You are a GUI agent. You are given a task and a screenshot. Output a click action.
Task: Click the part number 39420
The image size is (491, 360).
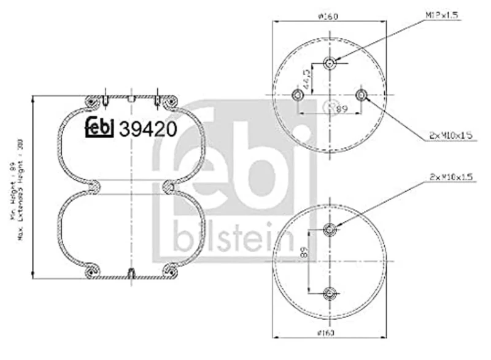pos(148,128)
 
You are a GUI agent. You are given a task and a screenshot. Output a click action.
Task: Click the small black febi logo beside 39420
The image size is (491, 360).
pos(99,127)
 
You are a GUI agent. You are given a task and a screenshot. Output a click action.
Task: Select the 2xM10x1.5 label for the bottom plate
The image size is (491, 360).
pos(450,178)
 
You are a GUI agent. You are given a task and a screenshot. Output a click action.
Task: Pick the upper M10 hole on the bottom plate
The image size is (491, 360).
pos(330,230)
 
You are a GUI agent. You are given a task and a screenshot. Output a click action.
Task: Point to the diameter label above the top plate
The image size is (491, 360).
pos(330,16)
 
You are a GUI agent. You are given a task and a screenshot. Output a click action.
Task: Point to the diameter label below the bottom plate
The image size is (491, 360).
pos(330,333)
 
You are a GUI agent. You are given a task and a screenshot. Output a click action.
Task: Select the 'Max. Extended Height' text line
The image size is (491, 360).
pos(22,187)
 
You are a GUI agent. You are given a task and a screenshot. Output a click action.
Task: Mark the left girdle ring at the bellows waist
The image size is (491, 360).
pos(94,186)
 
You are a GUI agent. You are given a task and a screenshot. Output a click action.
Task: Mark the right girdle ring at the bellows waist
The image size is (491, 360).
pos(169,186)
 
